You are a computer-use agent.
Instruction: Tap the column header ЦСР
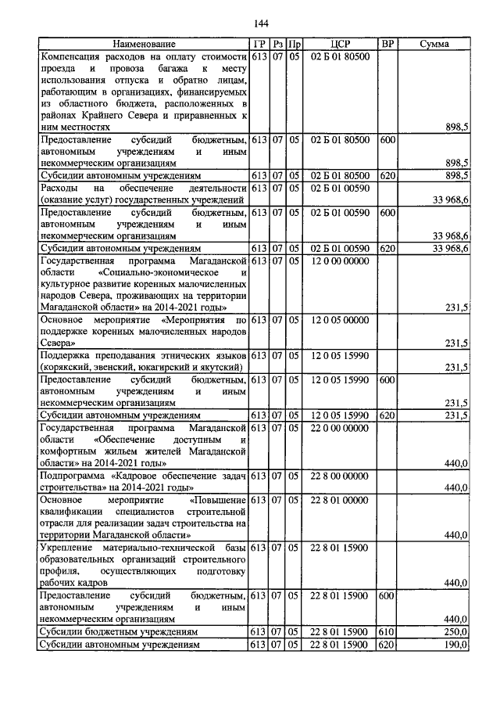pos(339,44)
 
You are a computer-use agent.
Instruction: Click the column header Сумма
pos(434,44)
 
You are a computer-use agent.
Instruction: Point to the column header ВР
pos(387,44)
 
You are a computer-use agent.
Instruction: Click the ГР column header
pos(260,44)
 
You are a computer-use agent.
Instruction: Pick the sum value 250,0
pos(455,631)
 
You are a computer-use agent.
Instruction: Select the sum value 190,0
pos(455,644)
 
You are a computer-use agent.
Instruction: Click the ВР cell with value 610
pos(386,631)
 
